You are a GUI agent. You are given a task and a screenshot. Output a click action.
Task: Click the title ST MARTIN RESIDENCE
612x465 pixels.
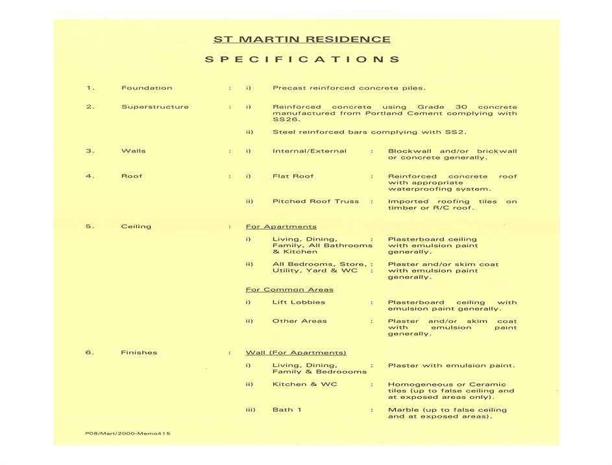(x=302, y=40)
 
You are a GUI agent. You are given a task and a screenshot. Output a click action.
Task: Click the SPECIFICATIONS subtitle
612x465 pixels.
(x=302, y=60)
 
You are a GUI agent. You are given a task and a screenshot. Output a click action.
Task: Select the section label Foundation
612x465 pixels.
(x=147, y=88)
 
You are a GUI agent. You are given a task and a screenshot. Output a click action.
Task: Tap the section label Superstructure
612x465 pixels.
(x=155, y=107)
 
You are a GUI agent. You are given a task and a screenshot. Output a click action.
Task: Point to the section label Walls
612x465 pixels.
(x=134, y=151)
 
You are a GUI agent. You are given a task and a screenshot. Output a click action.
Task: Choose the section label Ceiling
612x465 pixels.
(x=136, y=227)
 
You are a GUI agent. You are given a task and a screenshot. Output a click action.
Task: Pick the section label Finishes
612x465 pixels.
(x=139, y=353)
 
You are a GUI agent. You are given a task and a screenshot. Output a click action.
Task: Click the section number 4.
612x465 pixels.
(x=90, y=176)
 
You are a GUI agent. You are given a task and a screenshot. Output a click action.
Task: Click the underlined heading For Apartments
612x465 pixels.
(x=281, y=227)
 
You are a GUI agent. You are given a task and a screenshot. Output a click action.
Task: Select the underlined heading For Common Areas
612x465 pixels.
(x=289, y=290)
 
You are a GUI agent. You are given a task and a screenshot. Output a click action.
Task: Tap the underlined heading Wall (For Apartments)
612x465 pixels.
(x=296, y=353)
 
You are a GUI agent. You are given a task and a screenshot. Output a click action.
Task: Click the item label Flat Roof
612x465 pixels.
(x=293, y=176)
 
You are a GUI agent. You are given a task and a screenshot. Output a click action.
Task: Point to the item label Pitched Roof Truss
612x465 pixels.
(x=315, y=202)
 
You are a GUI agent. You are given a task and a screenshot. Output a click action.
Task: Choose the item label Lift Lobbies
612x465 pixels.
(x=299, y=302)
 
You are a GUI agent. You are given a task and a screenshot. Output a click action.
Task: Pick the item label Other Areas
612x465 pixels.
(x=300, y=321)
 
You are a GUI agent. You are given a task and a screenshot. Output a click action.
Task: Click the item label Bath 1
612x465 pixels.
(x=287, y=410)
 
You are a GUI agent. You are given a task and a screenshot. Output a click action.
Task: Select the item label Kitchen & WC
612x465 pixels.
(x=305, y=385)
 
